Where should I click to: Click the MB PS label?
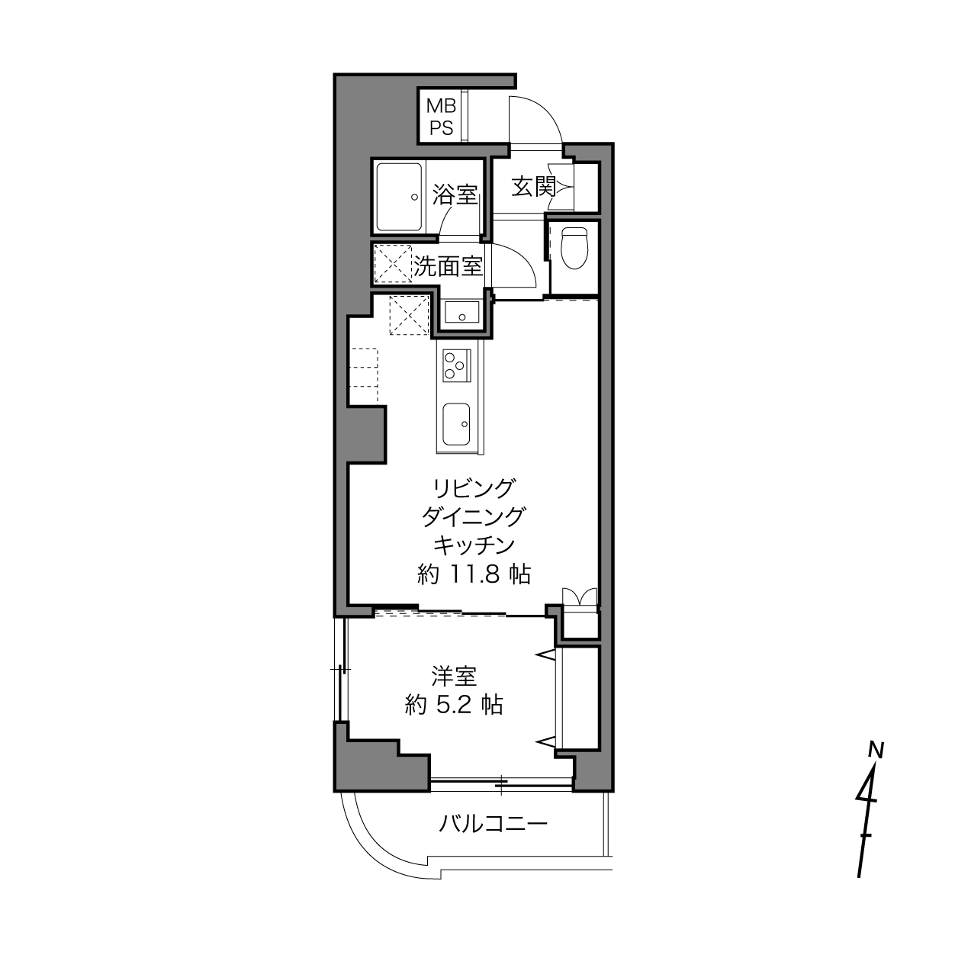[441, 117]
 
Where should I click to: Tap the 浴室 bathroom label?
[455, 195]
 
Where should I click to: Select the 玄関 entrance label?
[533, 186]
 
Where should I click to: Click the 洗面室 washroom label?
[448, 267]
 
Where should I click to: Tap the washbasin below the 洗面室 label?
[462, 313]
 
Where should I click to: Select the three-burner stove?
[456, 365]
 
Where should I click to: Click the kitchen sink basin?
[456, 424]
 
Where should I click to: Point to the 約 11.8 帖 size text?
[474, 574]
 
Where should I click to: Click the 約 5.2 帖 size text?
[453, 704]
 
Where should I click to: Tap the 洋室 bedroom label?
[454, 677]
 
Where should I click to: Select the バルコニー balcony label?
[493, 824]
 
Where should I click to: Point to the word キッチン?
[474, 545]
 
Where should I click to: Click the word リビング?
[473, 488]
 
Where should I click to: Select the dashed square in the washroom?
[393, 263]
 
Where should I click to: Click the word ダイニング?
[473, 517]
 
